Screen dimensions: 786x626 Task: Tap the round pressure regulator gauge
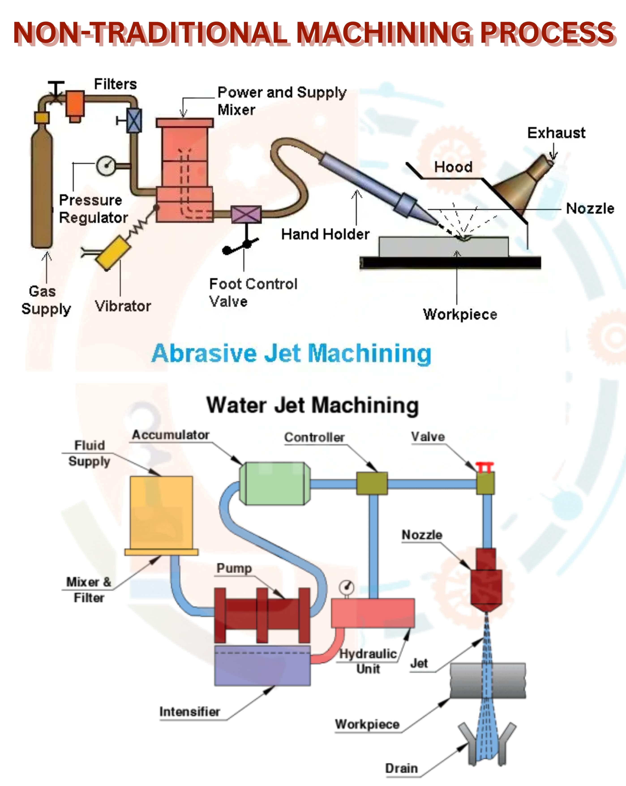pyautogui.click(x=106, y=166)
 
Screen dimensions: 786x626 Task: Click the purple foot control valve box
pyautogui.click(x=246, y=214)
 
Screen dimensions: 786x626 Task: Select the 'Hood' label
pyautogui.click(x=453, y=167)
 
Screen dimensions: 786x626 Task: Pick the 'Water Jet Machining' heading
pyautogui.click(x=313, y=405)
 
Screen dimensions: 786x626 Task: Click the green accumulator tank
pyautogui.click(x=274, y=483)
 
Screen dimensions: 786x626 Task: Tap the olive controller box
pyautogui.click(x=372, y=483)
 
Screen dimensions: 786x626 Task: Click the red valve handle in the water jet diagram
pyautogui.click(x=485, y=466)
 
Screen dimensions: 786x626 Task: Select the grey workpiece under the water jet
pyautogui.click(x=488, y=680)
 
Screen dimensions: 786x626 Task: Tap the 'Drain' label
pyautogui.click(x=401, y=768)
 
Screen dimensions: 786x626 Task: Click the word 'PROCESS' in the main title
pyautogui.click(x=547, y=33)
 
